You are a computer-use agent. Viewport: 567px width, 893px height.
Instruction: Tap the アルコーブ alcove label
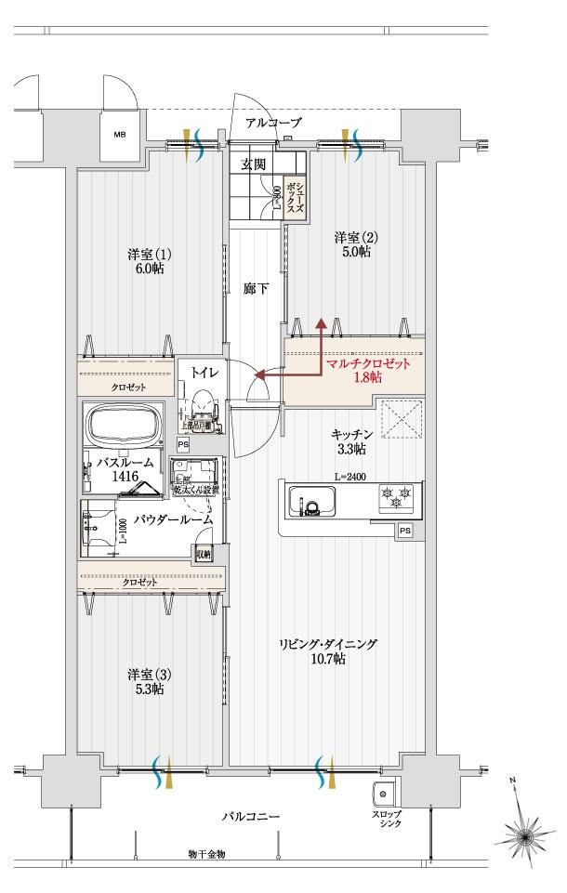[273, 123]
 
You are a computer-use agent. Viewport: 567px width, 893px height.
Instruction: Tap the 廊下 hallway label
[257, 289]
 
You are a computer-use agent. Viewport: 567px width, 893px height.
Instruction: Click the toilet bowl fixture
[204, 406]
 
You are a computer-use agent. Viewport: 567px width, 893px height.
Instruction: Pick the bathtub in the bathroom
[124, 426]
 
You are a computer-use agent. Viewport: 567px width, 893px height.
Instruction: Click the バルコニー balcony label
[251, 817]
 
